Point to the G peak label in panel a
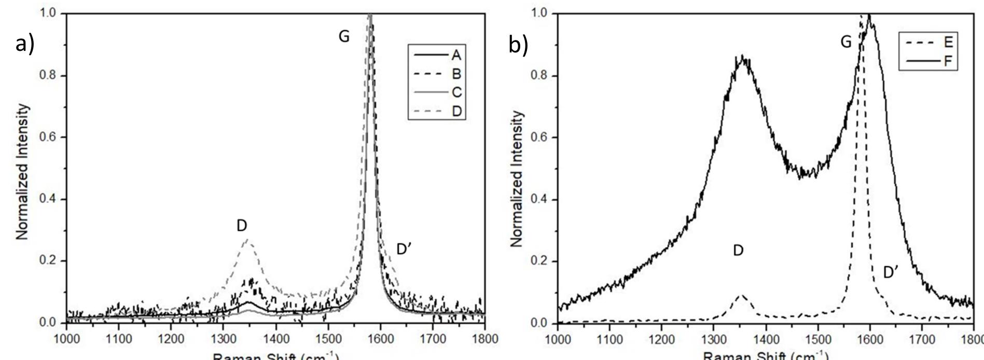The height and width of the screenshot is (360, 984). pyautogui.click(x=344, y=36)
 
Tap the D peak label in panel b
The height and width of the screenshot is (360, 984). pyautogui.click(x=738, y=251)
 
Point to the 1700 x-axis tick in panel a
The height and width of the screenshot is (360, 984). pyautogui.click(x=432, y=339)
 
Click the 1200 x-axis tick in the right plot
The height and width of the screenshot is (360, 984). pyautogui.click(x=661, y=339)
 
